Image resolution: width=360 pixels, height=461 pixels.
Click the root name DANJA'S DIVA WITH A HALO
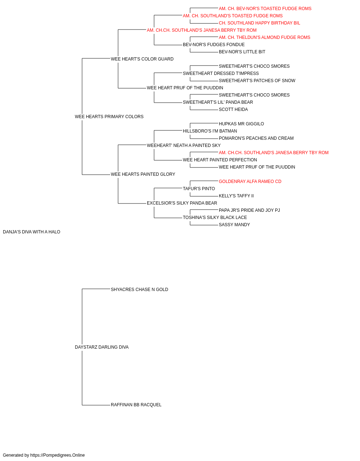(x=32, y=232)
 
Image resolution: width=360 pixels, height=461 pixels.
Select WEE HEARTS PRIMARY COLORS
(x=109, y=117)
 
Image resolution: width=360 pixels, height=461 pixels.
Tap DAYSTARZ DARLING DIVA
(x=102, y=347)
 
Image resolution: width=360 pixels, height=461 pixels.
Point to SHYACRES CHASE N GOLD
(x=140, y=290)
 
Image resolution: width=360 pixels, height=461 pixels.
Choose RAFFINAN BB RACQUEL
(x=136, y=405)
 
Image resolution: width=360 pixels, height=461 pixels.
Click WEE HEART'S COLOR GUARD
(x=142, y=59)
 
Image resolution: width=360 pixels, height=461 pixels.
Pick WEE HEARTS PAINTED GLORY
(x=143, y=174)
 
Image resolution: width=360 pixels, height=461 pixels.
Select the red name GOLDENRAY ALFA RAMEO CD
(x=250, y=182)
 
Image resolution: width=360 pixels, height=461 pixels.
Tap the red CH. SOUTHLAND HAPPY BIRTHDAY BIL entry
(x=260, y=23)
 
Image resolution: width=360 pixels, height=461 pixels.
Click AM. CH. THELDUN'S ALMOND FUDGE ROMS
(x=265, y=37)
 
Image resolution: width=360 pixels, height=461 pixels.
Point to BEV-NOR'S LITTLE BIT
(x=242, y=52)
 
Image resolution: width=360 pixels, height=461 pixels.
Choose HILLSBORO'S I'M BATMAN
(x=210, y=131)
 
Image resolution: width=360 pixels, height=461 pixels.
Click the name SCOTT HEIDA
(x=233, y=109)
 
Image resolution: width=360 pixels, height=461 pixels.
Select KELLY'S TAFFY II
(x=236, y=196)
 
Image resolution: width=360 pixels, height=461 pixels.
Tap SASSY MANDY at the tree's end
(x=234, y=225)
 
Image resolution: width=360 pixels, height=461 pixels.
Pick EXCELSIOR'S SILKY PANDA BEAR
(x=182, y=203)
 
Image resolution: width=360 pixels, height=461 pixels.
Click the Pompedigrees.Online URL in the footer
(x=58, y=455)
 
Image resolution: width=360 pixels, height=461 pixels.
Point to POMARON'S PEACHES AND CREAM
(x=256, y=138)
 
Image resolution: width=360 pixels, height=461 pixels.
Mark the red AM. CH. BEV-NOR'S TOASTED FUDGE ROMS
(x=265, y=9)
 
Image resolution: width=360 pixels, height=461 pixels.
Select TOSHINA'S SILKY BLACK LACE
(x=215, y=218)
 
